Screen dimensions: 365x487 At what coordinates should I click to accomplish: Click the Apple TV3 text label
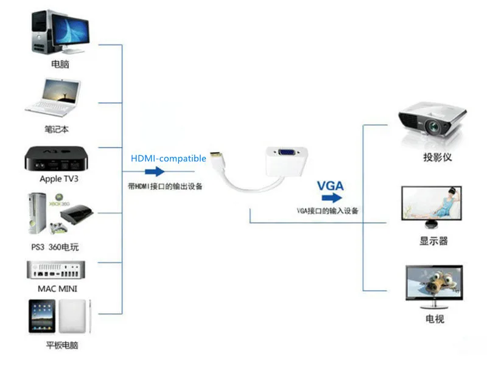tap(59, 179)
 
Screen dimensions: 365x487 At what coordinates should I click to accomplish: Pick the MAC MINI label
tap(58, 288)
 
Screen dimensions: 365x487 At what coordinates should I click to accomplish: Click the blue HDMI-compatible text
tap(169, 158)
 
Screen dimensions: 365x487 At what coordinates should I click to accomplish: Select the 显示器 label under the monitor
tap(433, 241)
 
